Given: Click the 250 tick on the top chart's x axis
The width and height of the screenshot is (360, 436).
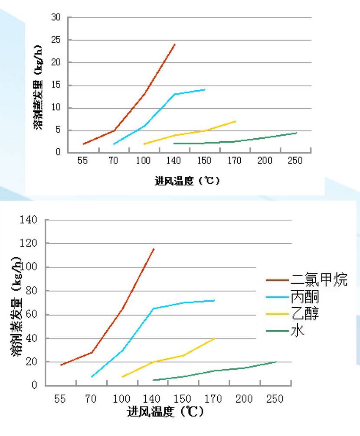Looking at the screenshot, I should (295, 161).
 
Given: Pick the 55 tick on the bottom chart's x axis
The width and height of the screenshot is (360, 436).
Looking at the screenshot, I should (60, 399).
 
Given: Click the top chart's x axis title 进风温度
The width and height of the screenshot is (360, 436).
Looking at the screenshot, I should (187, 180).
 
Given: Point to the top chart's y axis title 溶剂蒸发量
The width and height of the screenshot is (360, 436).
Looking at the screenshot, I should (38, 87).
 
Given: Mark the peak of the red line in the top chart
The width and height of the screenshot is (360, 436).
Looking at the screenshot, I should (175, 44).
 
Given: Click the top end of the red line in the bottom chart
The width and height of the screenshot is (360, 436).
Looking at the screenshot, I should (154, 249).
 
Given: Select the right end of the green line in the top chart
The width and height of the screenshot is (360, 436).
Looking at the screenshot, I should (296, 133).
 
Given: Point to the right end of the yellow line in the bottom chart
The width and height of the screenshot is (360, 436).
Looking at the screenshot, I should (215, 338).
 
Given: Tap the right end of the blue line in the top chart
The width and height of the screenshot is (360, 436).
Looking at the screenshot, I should (205, 89).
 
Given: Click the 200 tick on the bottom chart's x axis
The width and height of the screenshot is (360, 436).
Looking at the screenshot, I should (245, 399).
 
